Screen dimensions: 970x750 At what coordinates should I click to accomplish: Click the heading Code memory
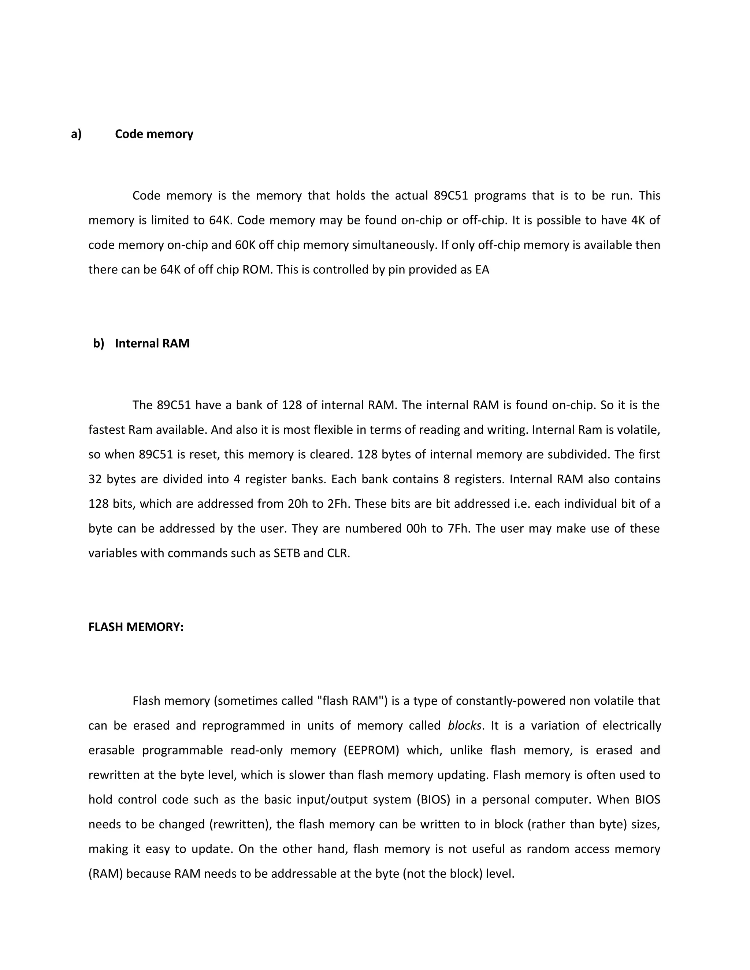tap(154, 134)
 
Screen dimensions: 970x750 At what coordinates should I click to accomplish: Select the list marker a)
tap(76, 134)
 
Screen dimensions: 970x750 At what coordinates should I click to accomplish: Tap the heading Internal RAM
tap(152, 343)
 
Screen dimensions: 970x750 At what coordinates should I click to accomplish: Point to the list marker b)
tap(98, 343)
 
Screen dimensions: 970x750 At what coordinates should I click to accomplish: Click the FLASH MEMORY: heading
tap(136, 627)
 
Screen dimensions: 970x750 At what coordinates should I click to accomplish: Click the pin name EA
tap(482, 270)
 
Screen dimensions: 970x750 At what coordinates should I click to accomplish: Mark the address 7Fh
tap(458, 529)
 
